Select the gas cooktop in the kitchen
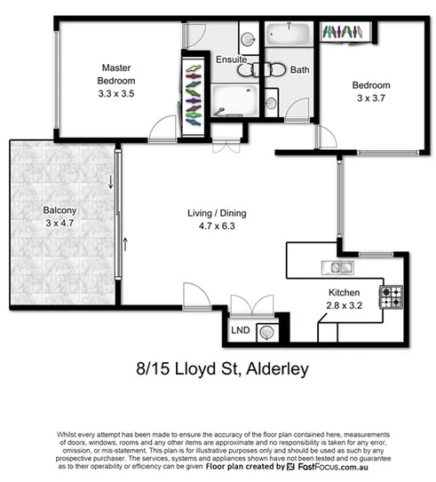(392, 296)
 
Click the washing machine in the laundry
(266, 332)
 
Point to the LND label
(240, 331)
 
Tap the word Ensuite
(231, 59)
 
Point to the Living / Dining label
(217, 213)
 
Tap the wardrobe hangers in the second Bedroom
(341, 32)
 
